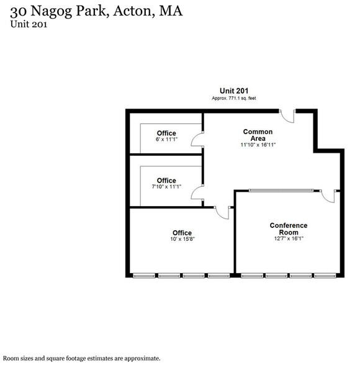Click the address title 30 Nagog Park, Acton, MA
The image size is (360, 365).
tap(96, 12)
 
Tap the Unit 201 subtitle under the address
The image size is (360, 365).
tap(29, 25)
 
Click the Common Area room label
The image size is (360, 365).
tap(258, 135)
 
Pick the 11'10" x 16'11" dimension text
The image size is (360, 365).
tap(258, 145)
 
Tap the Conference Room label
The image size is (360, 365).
tap(289, 228)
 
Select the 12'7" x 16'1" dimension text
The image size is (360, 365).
tap(289, 238)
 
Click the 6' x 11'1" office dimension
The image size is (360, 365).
tap(166, 140)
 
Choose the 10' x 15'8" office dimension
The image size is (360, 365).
tap(182, 239)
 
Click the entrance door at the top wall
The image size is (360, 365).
tap(287, 115)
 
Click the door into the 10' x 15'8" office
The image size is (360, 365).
tap(222, 212)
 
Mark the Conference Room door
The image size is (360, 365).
tap(330, 195)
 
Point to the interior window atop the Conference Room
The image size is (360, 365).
tap(279, 190)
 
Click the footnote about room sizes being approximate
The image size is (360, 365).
tap(82, 358)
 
